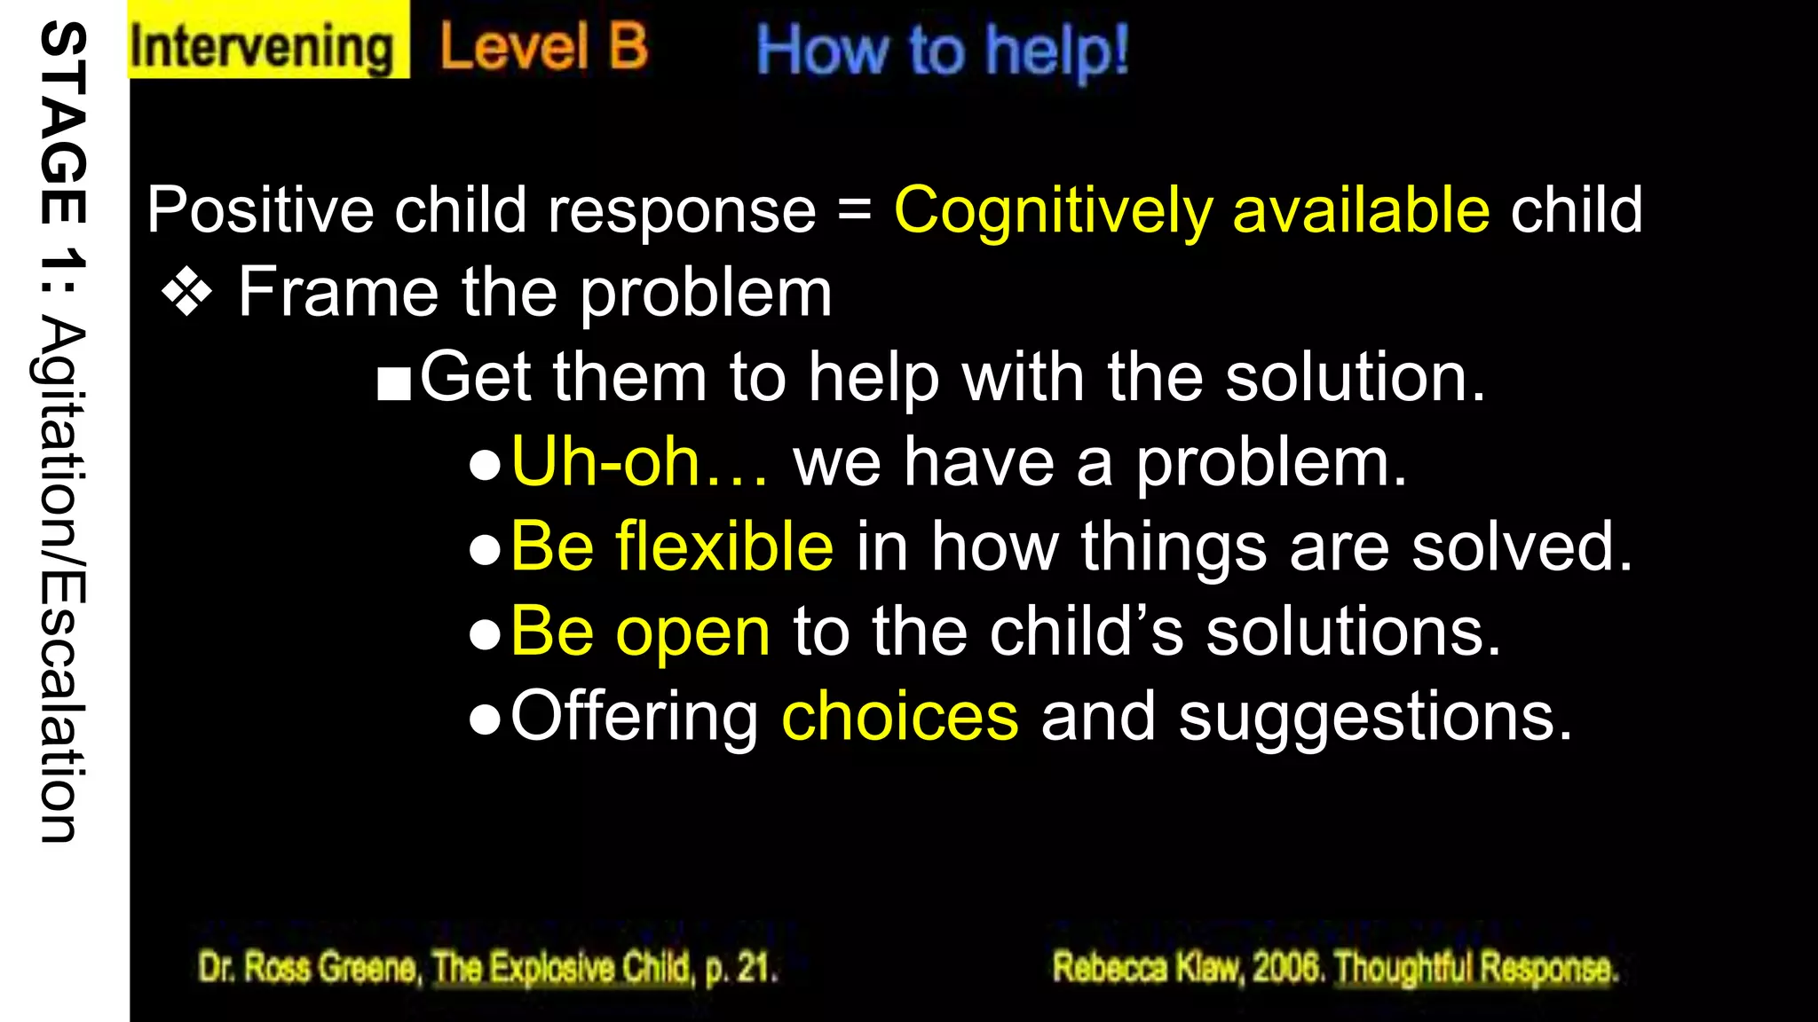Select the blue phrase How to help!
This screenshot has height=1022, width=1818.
point(942,51)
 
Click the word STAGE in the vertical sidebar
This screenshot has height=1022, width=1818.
point(64,123)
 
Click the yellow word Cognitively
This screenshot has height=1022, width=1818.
point(1053,211)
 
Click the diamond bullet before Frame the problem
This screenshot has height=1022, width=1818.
point(187,292)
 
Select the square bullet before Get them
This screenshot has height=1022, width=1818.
point(393,382)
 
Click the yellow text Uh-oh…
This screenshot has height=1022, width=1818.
point(639,462)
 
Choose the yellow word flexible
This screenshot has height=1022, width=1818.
point(724,546)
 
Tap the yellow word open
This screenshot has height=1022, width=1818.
point(692,633)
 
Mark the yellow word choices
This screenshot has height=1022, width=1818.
point(899,717)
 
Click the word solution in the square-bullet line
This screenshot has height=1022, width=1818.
point(1354,377)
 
